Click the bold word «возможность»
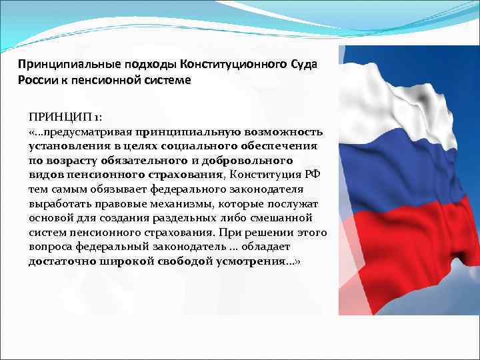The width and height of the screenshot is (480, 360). pos(287,131)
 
